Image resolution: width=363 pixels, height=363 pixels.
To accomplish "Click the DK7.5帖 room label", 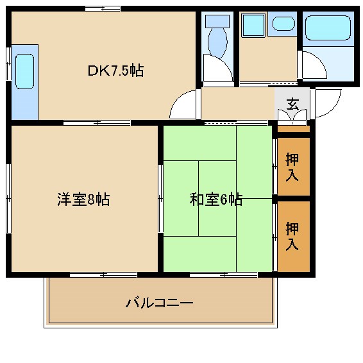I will coord(115,71).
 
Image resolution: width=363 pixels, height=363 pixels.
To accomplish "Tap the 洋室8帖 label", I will coord(83,199).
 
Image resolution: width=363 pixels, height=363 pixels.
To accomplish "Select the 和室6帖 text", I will coord(215,199).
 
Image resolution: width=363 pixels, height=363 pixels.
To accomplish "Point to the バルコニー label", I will coord(160,302).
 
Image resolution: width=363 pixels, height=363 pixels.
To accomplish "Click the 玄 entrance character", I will coord(292,103).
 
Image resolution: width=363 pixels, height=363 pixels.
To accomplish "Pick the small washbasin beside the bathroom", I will coord(283,24).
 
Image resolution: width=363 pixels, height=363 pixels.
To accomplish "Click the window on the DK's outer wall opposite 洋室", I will coord(103,8).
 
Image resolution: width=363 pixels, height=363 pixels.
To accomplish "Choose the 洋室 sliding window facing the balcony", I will coord(103,274).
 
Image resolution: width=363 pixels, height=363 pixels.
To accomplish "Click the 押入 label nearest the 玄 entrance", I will coord(292,166).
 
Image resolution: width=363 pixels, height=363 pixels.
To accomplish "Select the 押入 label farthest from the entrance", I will coord(292,235).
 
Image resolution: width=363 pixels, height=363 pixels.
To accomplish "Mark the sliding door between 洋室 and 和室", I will coord(160,199).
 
